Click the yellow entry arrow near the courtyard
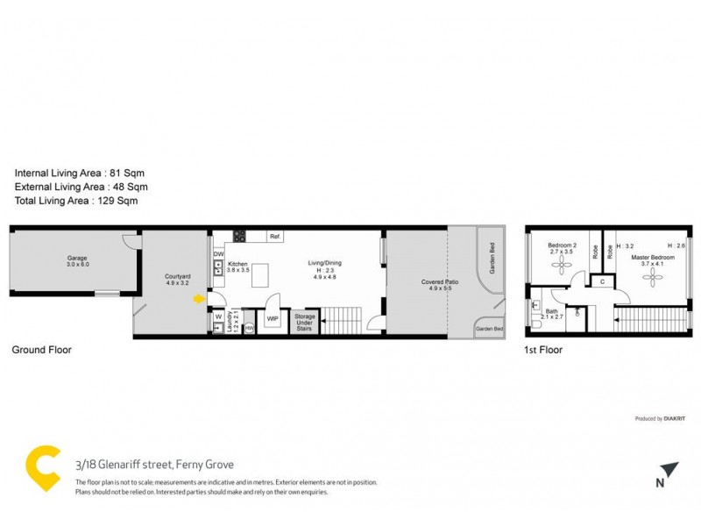(199, 299)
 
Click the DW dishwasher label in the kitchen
(218, 254)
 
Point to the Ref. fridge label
(274, 237)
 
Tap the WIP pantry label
(272, 319)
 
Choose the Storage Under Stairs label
(304, 320)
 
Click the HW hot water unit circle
(249, 328)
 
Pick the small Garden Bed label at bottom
(489, 329)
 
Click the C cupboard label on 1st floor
(601, 281)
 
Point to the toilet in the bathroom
(536, 325)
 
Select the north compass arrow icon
(669, 469)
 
